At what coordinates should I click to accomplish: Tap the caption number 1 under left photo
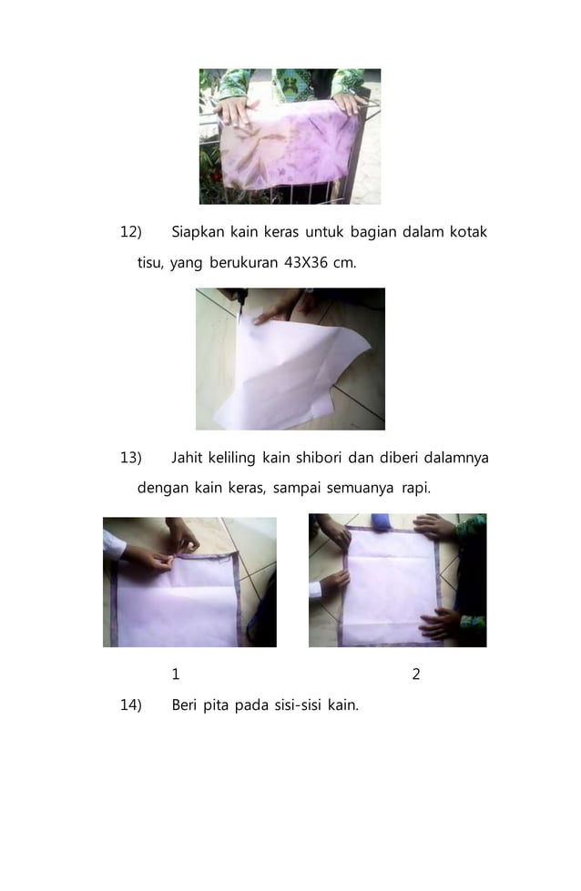(176, 674)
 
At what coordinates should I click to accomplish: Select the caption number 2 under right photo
(416, 674)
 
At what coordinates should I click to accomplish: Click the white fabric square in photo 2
(392, 582)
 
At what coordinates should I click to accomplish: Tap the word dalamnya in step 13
(455, 458)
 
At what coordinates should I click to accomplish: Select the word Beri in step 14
(187, 704)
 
